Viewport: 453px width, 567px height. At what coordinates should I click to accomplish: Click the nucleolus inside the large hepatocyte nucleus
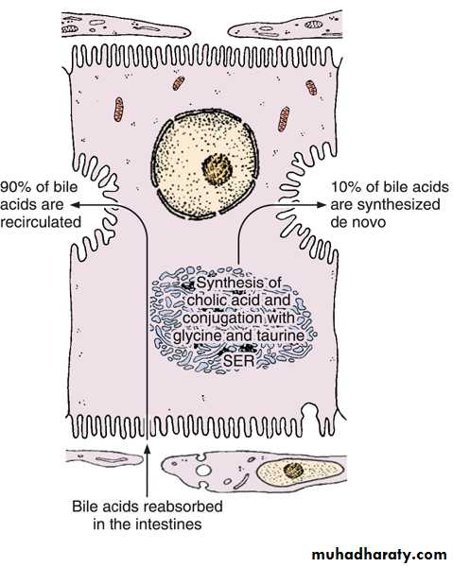[217, 168]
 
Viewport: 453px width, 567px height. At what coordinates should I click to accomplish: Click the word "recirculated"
[41, 222]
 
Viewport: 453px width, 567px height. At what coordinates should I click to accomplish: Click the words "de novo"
[357, 222]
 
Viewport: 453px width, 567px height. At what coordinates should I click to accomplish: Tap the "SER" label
[239, 361]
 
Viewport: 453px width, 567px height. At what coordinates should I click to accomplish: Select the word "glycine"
[198, 336]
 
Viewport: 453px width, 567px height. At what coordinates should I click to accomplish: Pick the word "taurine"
[281, 335]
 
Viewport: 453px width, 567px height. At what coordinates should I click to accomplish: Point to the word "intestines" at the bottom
[169, 524]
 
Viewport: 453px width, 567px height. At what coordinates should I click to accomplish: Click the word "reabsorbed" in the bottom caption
[183, 507]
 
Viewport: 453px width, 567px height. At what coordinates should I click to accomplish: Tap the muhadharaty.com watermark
[379, 554]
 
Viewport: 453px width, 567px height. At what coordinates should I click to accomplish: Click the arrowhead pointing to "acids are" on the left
[75, 205]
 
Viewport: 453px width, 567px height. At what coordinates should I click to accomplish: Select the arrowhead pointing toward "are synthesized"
[322, 205]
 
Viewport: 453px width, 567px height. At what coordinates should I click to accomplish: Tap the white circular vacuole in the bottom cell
[203, 471]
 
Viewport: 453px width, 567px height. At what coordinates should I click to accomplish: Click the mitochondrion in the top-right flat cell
[313, 25]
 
